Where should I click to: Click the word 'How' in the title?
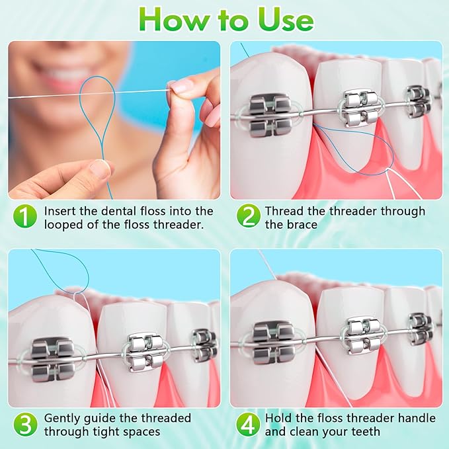[173, 19]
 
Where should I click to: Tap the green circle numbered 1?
[25, 216]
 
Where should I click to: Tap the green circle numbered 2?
[249, 216]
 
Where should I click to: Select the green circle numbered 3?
[25, 424]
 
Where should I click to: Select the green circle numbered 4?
[249, 424]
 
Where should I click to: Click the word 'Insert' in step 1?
[61, 211]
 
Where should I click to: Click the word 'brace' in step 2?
[302, 225]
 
